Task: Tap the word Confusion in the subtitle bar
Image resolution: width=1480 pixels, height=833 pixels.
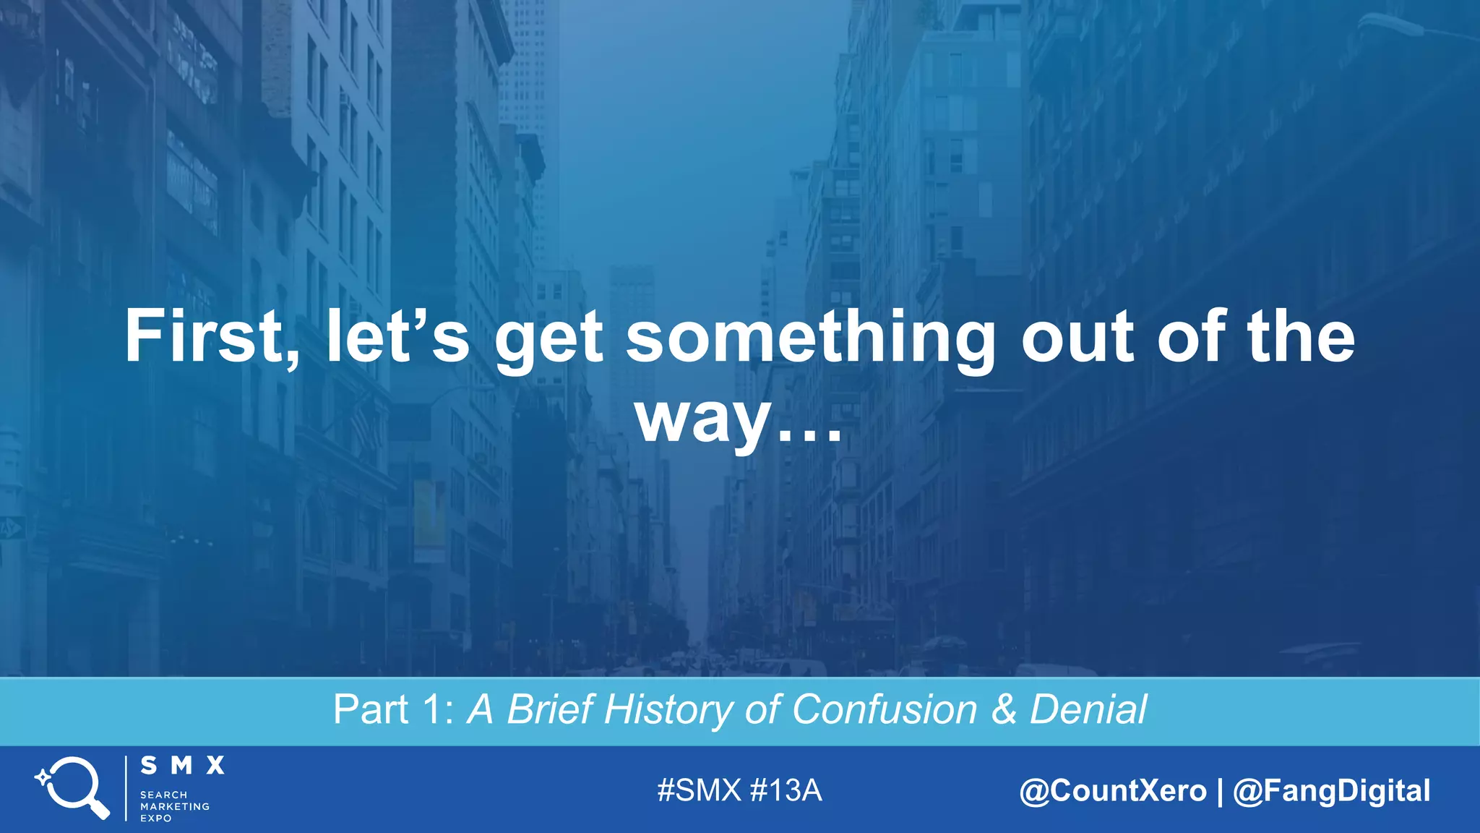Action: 885,709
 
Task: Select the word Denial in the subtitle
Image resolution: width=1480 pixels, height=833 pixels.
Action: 1088,709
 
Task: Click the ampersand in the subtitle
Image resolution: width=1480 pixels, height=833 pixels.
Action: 1003,709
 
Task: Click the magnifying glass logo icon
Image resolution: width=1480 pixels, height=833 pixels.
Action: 73,787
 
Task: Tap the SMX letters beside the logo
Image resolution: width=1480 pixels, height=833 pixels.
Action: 182,766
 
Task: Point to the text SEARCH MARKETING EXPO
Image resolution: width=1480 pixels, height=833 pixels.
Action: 174,806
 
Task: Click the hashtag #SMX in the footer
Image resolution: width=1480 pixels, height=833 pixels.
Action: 700,790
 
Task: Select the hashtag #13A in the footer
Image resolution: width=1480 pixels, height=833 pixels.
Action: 786,790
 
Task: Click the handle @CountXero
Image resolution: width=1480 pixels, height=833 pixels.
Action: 1113,790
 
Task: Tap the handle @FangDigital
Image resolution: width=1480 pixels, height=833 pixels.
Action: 1331,790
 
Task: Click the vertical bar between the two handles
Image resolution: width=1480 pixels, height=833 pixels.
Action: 1220,790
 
